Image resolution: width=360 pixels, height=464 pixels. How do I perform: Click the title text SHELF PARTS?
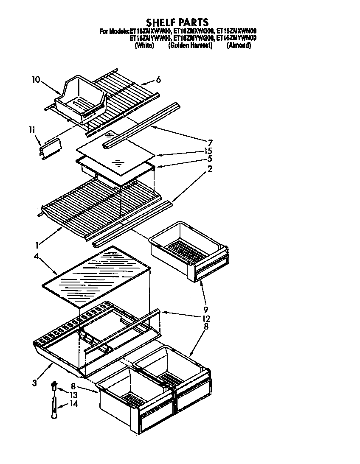177,22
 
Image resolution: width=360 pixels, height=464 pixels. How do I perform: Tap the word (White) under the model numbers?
144,45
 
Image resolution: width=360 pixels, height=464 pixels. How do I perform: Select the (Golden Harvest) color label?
190,45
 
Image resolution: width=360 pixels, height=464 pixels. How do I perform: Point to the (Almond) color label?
239,45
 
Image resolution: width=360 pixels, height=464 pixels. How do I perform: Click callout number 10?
36,79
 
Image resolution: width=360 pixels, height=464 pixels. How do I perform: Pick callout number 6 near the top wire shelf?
158,79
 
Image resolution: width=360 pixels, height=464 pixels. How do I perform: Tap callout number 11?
33,130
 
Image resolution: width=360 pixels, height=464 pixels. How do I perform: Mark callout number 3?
34,383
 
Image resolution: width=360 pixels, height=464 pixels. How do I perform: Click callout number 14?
73,404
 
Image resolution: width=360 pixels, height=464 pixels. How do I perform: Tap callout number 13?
73,395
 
